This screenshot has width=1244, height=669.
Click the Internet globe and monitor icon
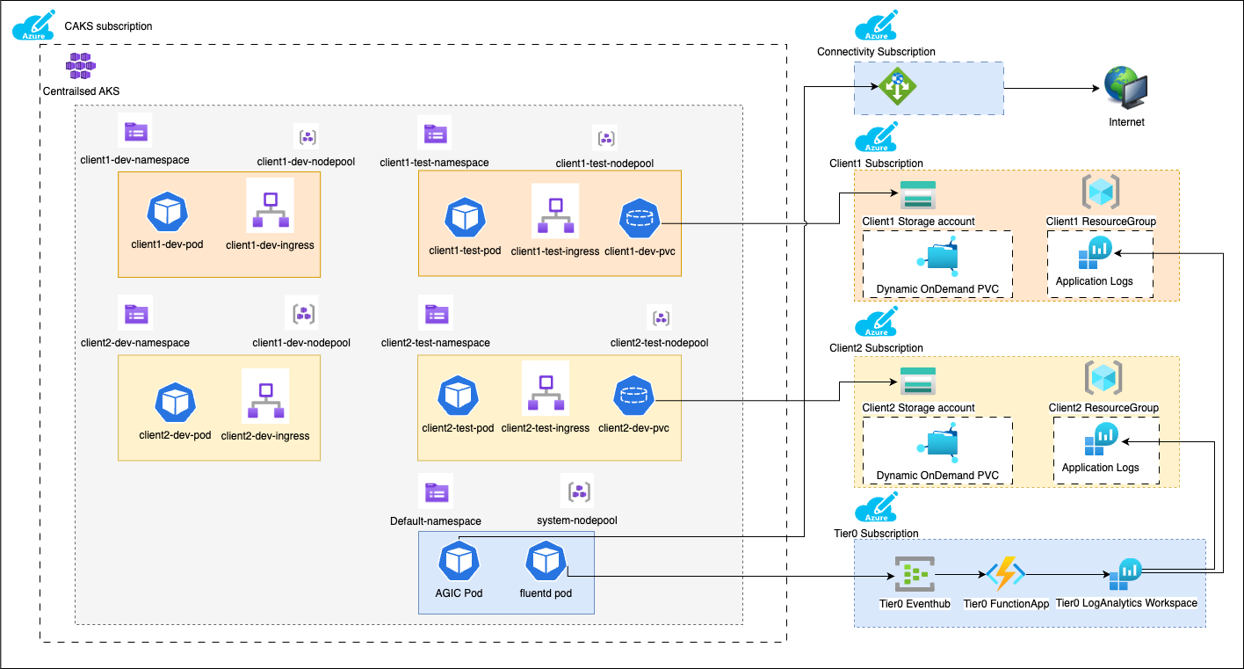[1127, 90]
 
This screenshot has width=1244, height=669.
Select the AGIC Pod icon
[459, 561]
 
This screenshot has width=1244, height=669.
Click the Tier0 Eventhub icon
[914, 575]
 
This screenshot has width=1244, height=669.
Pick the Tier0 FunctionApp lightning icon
[1006, 575]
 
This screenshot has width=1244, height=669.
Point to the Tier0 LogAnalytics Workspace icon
[1125, 575]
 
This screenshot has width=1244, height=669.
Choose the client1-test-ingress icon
[554, 213]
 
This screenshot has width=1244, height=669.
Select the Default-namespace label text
[435, 521]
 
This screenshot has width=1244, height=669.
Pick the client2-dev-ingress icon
[265, 397]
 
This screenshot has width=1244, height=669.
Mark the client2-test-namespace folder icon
[436, 315]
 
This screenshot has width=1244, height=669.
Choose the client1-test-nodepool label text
[604, 164]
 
